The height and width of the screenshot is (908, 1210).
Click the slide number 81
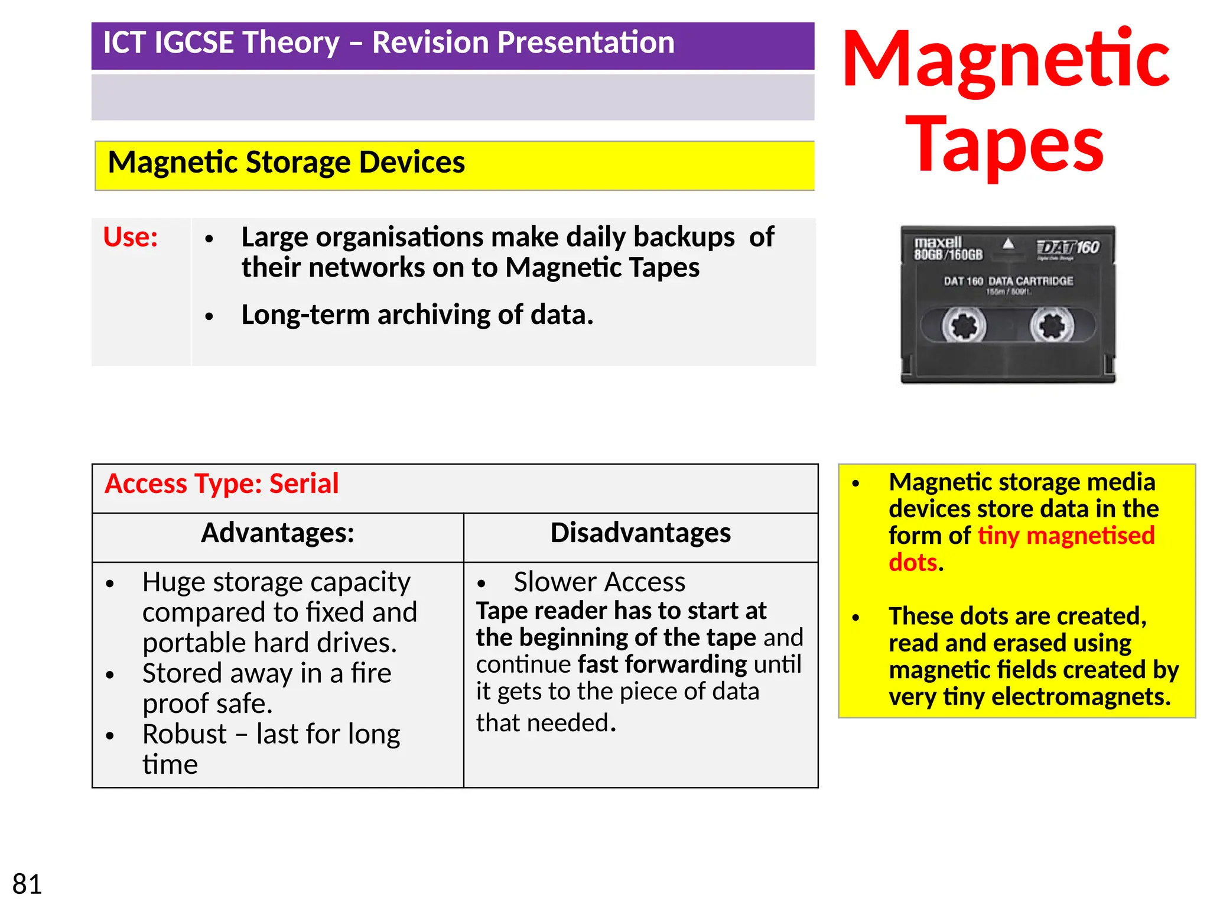pos(27,884)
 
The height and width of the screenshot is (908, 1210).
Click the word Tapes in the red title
pos(1004,145)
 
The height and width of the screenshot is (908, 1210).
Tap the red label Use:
pos(131,237)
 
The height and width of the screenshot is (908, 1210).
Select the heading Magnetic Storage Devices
pos(287,163)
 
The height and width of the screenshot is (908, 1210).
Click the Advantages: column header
pos(278,533)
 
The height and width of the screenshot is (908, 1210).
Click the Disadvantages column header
pos(640,533)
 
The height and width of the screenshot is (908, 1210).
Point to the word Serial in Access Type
pos(304,484)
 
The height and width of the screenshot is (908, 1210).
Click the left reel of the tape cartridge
pos(964,326)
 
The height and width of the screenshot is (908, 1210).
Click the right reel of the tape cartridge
pos(1052,326)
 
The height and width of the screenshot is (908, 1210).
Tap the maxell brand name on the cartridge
pos(938,242)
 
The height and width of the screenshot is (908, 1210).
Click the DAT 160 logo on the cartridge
pos(1068,248)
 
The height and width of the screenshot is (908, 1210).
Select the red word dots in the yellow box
pos(913,563)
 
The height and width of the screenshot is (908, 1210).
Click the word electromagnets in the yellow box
pos(1081,697)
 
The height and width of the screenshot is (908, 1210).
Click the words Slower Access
pos(599,582)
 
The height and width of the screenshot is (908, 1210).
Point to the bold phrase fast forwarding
pos(662,664)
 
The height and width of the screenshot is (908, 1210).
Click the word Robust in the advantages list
pos(184,734)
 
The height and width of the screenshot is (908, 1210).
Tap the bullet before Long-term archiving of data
pos(209,317)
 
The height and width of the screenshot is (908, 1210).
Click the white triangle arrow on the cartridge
pos(1008,244)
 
